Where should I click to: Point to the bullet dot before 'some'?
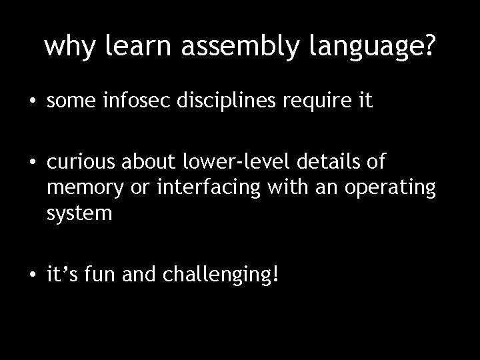[33, 102]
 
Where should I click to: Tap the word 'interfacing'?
[198, 189]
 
